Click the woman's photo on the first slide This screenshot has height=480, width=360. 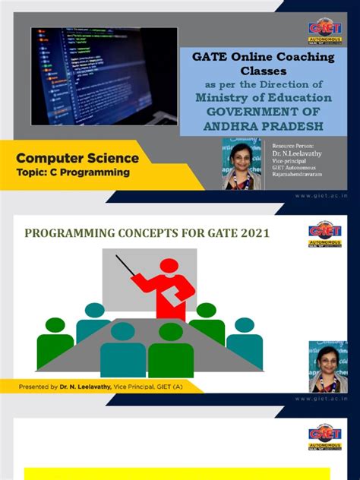242,163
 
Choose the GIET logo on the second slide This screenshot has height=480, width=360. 325,235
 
